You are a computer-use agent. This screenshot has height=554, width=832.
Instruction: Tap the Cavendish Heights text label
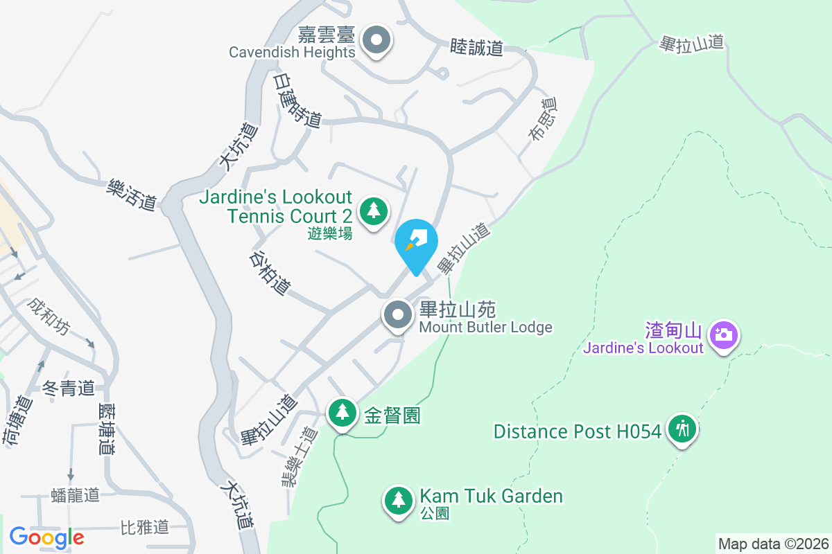[x=292, y=52]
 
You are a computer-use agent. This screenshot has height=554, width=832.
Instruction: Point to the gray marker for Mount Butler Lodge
[x=398, y=315]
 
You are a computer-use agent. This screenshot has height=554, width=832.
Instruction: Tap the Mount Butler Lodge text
[x=485, y=327]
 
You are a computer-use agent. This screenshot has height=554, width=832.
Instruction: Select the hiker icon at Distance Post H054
[x=682, y=429]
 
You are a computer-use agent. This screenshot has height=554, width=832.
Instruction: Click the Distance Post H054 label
[x=577, y=431]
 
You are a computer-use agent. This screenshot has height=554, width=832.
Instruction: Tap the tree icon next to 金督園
[x=342, y=412]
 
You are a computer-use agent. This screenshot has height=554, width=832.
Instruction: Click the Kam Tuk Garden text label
[x=491, y=496]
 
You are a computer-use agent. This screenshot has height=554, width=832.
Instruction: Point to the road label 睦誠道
[x=476, y=47]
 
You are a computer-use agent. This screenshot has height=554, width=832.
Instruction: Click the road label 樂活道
[x=132, y=195]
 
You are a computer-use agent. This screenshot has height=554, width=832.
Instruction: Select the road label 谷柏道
[x=270, y=273]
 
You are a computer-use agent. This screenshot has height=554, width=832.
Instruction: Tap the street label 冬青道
[x=68, y=388]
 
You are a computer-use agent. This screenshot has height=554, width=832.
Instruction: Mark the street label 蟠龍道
[x=76, y=494]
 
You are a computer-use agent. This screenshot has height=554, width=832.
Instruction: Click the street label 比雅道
[x=144, y=527]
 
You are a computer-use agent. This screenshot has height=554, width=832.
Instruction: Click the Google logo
[x=46, y=537]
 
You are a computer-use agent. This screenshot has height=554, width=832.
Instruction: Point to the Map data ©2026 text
[x=773, y=544]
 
